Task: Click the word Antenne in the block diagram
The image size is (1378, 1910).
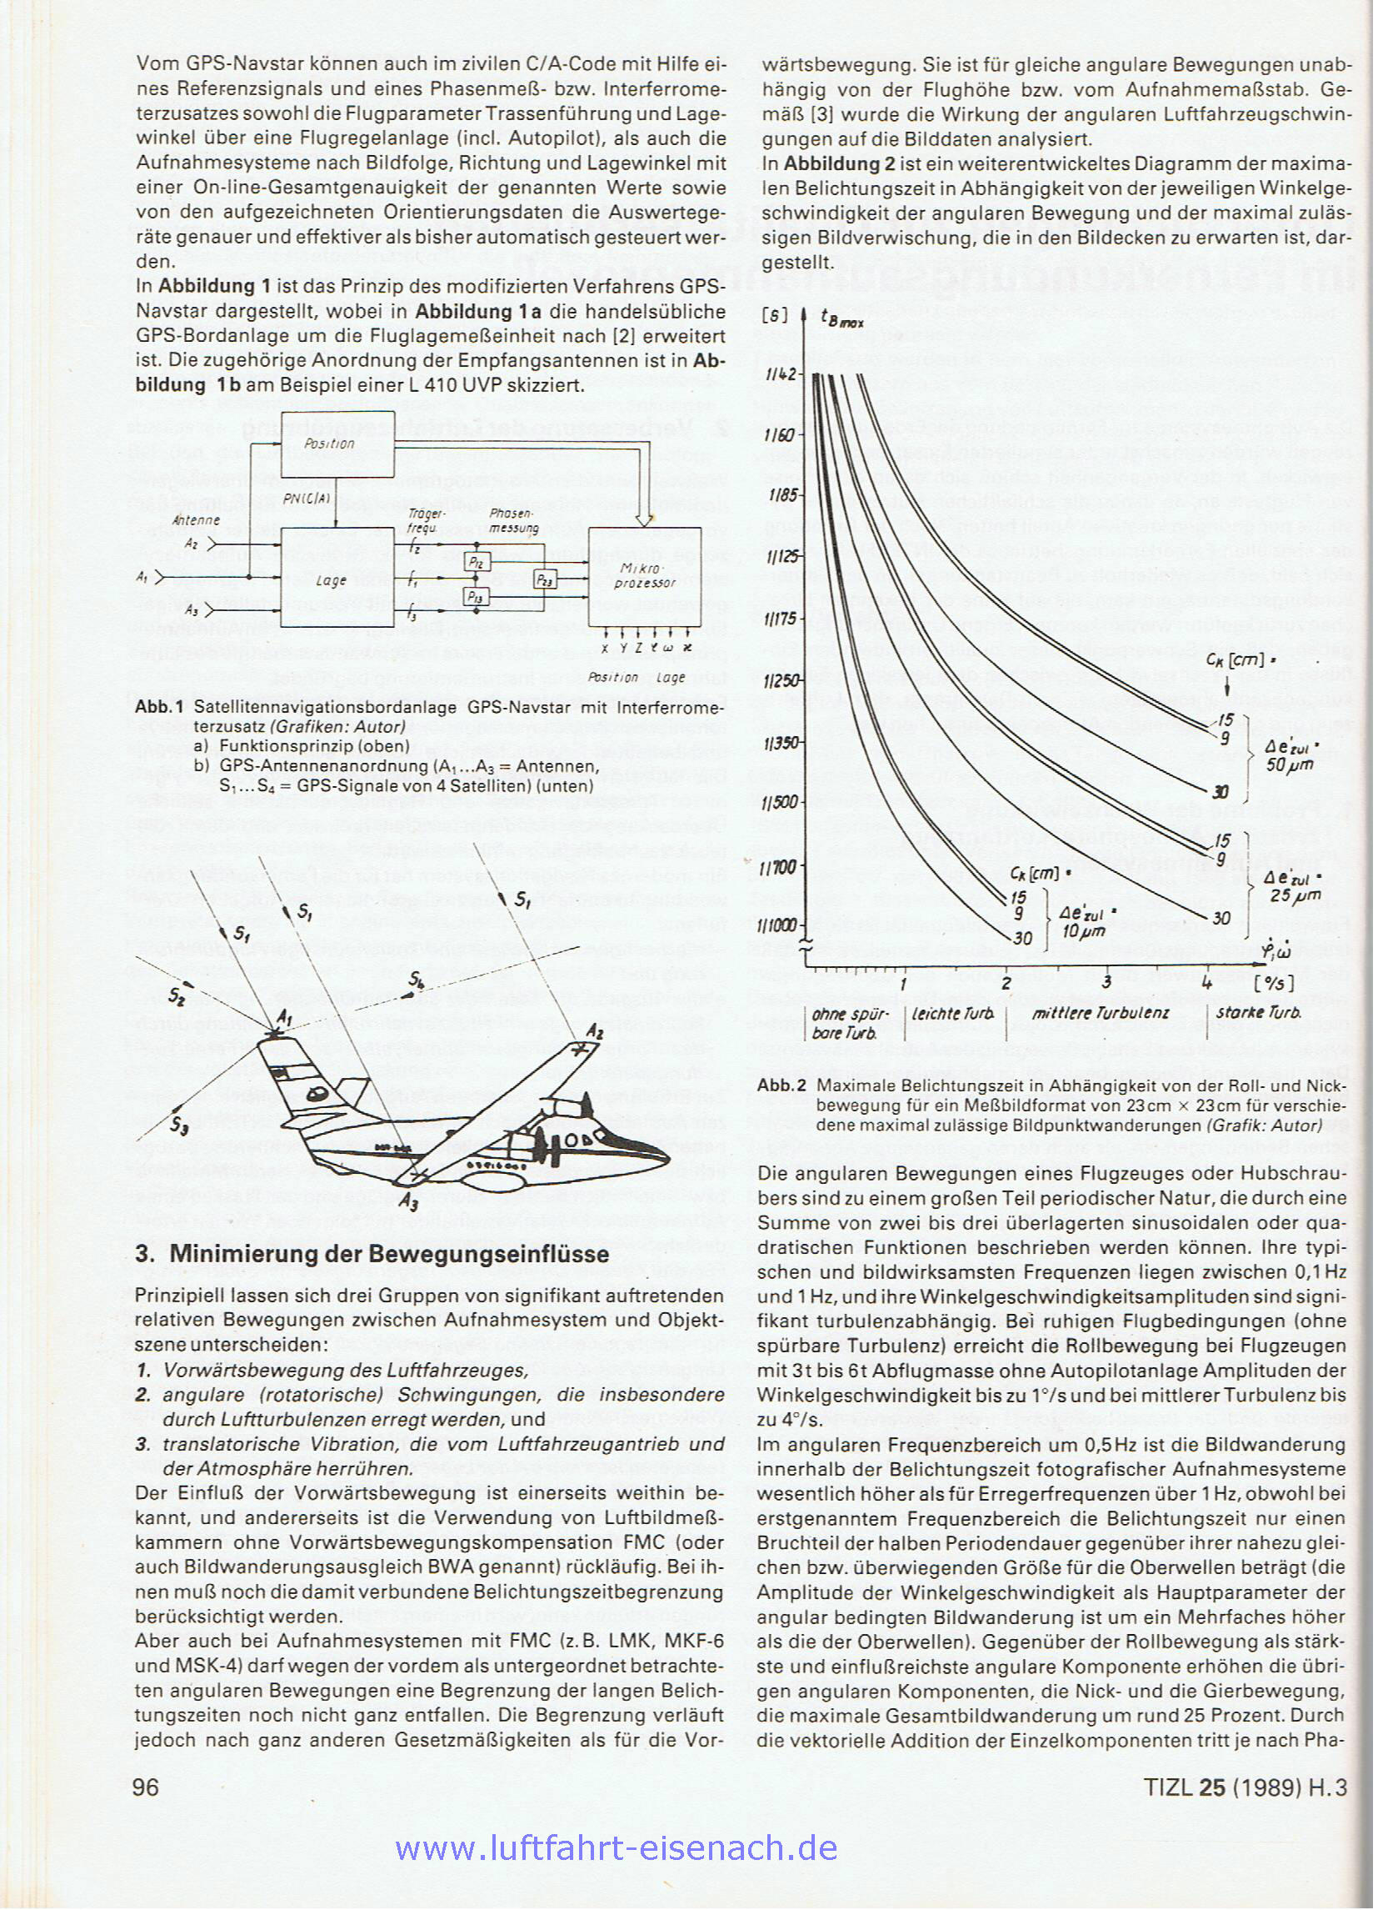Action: coord(195,520)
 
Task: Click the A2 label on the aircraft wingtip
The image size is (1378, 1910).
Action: coord(595,1031)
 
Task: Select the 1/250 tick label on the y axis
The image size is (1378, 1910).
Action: coord(781,680)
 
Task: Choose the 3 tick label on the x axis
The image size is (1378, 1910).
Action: coord(1108,982)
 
